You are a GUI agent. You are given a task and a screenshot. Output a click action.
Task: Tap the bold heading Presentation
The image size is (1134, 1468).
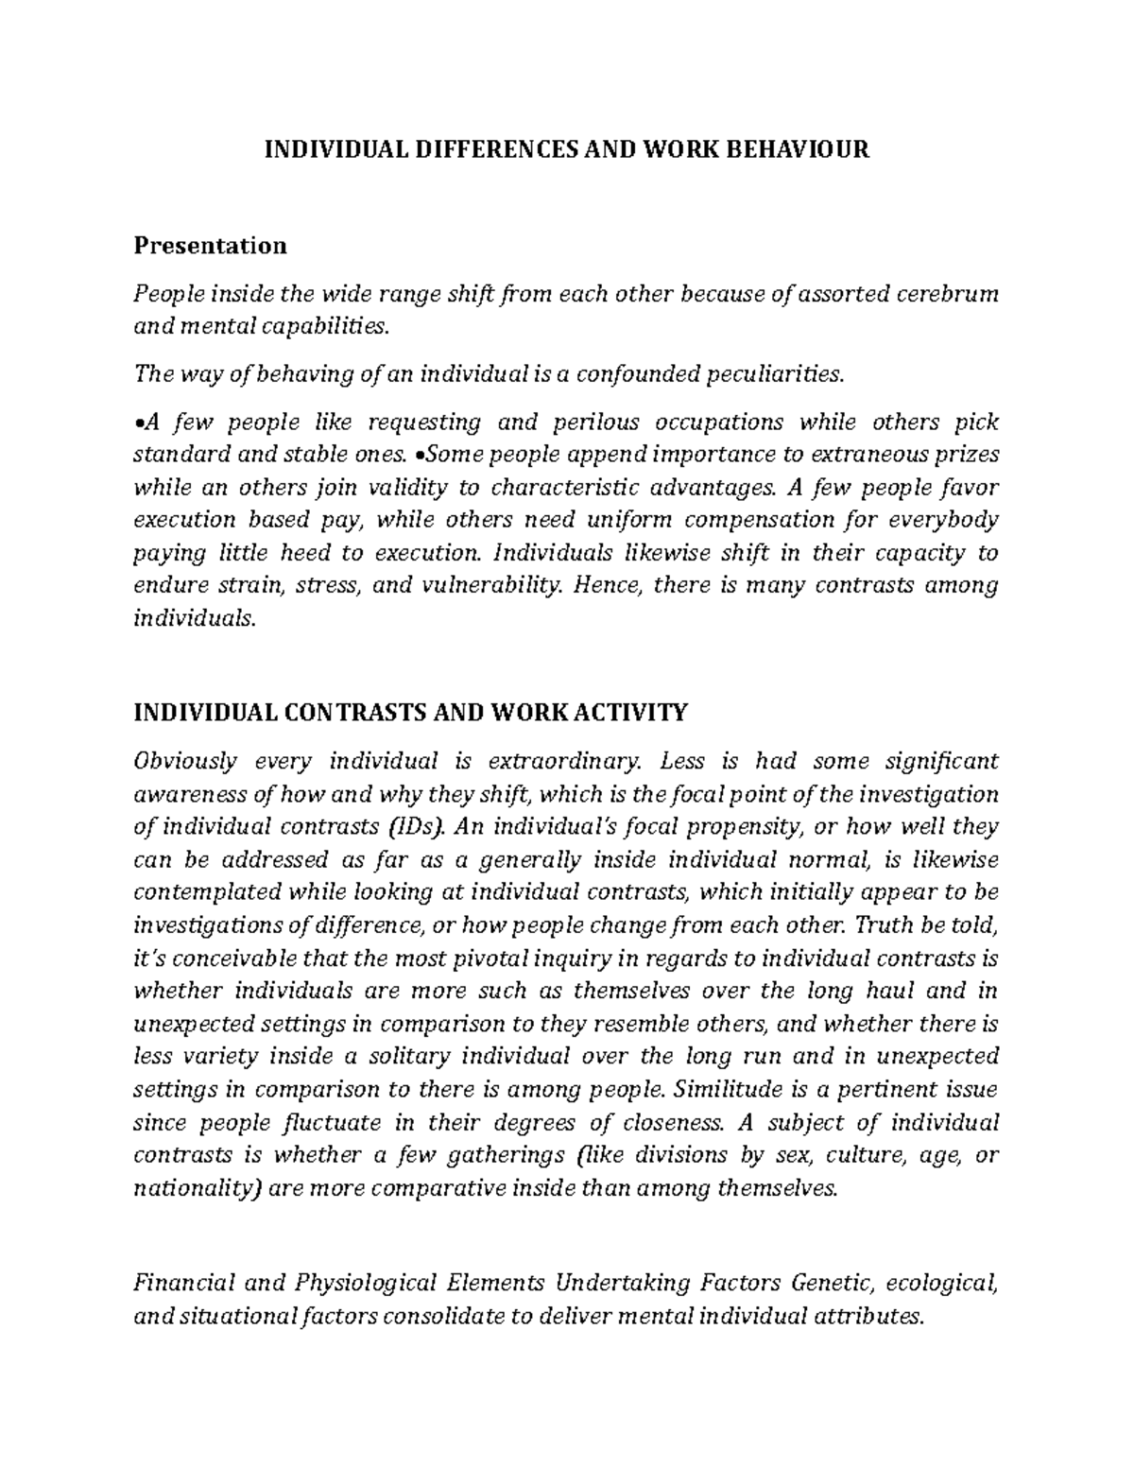(x=210, y=246)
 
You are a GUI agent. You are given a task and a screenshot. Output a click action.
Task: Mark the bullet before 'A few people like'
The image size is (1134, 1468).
(x=138, y=423)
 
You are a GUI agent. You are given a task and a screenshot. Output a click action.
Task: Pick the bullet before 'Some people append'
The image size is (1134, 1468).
(x=421, y=455)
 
